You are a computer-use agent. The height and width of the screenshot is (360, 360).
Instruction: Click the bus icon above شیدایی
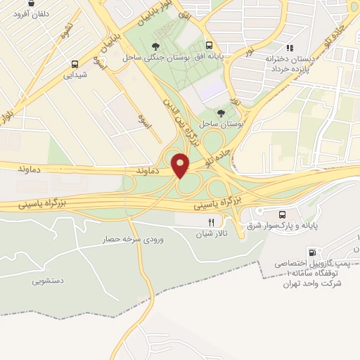click(x=75, y=63)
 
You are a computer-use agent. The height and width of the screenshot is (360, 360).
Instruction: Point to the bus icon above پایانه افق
click(x=208, y=44)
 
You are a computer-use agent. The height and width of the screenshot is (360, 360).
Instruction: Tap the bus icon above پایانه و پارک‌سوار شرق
click(x=283, y=214)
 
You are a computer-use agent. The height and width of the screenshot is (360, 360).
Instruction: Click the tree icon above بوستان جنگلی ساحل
click(x=155, y=46)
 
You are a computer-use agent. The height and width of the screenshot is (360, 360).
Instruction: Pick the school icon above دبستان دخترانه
click(x=289, y=48)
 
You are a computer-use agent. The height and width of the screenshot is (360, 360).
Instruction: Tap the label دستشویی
click(x=49, y=281)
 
